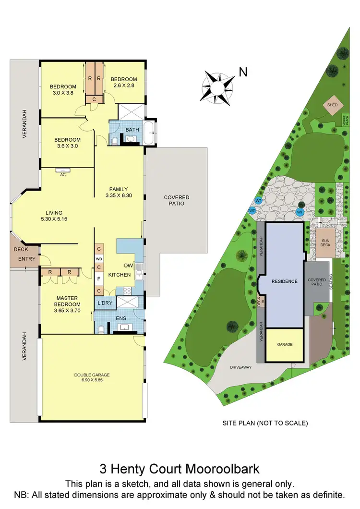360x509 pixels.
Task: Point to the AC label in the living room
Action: click(x=63, y=175)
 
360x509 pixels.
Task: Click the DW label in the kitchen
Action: click(x=128, y=266)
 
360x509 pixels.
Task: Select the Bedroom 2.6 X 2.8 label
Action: click(x=124, y=82)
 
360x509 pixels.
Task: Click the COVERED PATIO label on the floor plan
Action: click(x=177, y=200)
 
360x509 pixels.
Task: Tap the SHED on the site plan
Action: click(x=332, y=105)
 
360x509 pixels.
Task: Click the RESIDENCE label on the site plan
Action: click(x=285, y=281)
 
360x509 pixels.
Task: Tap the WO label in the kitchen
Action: click(x=99, y=258)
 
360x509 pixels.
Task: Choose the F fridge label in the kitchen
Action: click(x=99, y=279)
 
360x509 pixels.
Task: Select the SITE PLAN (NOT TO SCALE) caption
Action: click(x=265, y=423)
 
